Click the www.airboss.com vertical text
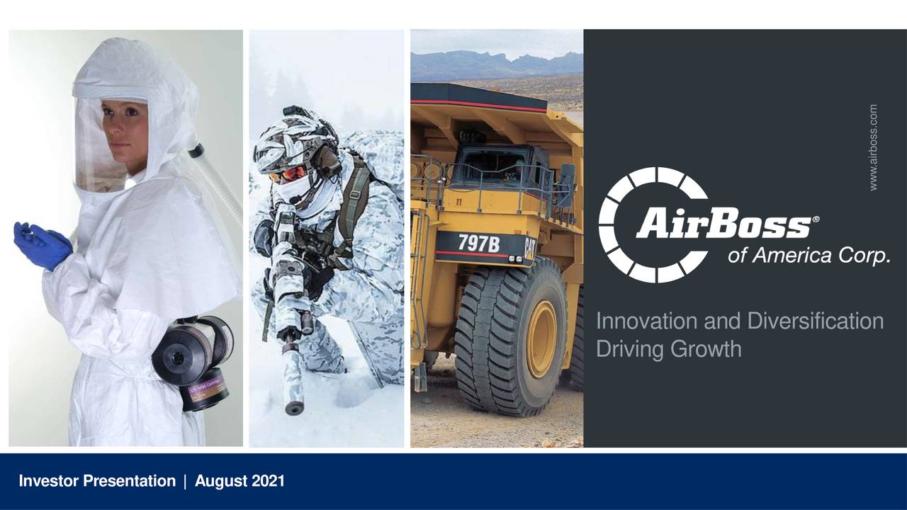(x=873, y=147)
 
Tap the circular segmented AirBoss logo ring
(x=615, y=225)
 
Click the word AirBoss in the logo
(x=723, y=225)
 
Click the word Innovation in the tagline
(x=647, y=321)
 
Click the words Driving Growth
(x=668, y=348)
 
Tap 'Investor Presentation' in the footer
(x=96, y=482)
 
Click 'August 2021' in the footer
(x=240, y=482)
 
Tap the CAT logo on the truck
(x=529, y=248)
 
